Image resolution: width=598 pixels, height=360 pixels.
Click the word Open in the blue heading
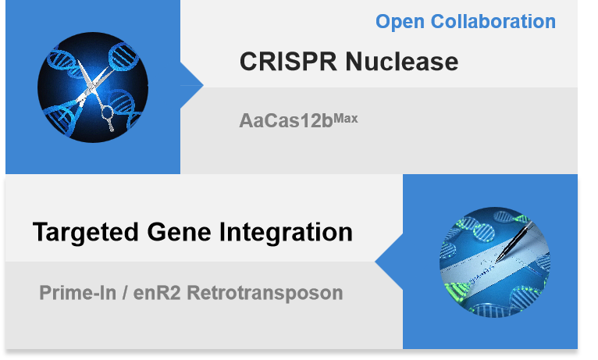click(400, 22)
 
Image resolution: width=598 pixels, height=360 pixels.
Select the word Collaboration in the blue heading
click(493, 21)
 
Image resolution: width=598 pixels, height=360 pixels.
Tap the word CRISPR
click(288, 62)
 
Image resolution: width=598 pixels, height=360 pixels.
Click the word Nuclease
click(402, 62)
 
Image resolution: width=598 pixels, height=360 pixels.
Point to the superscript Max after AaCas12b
click(346, 119)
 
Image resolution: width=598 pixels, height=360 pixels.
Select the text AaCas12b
click(286, 121)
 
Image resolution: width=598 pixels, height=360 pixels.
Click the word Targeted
click(85, 233)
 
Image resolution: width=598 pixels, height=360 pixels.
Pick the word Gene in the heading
click(179, 232)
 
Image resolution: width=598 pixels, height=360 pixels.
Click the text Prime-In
click(78, 293)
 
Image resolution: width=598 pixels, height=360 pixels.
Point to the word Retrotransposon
click(265, 294)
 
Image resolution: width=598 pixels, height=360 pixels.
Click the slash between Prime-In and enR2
click(125, 293)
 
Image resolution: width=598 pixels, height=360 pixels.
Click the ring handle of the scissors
click(107, 113)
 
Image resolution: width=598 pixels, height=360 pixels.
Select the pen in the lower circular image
click(514, 241)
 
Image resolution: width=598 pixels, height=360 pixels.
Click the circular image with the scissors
click(93, 87)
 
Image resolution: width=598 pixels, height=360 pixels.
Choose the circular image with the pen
click(495, 262)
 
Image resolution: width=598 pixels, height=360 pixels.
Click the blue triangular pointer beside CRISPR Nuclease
click(191, 85)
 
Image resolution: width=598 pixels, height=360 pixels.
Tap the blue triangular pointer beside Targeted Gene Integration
click(390, 262)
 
